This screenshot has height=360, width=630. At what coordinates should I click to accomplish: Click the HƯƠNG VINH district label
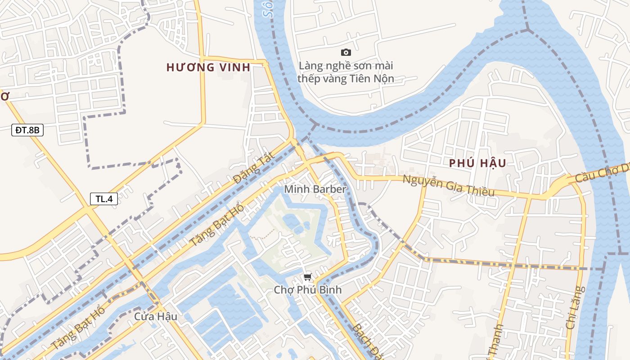click(208, 67)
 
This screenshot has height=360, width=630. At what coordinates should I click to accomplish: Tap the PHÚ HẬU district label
click(477, 163)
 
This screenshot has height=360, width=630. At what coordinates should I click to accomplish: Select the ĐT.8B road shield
click(27, 130)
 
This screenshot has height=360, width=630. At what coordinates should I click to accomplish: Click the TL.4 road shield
click(104, 199)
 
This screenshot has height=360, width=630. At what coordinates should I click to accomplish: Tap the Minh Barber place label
click(315, 189)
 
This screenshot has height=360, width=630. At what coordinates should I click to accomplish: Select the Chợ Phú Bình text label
click(308, 290)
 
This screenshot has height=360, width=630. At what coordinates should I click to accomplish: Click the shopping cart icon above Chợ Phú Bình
click(307, 277)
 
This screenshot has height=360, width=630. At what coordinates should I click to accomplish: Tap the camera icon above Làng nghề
click(346, 53)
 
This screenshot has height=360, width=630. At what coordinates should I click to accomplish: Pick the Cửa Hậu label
click(155, 317)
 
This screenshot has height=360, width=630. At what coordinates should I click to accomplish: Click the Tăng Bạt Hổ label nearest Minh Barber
click(216, 225)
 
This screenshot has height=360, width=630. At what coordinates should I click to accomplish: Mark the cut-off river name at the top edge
click(269, 9)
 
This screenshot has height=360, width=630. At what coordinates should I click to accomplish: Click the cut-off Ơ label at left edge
click(4, 96)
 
